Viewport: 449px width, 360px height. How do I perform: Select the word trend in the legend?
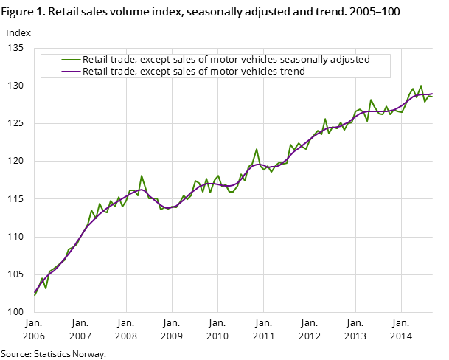[x=292, y=71]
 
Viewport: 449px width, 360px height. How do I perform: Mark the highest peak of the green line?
[x=421, y=86]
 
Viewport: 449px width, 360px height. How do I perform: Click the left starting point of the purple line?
[x=35, y=293]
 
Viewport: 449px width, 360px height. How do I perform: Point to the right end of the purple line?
[x=432, y=94]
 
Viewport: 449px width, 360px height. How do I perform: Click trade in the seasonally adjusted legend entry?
[x=122, y=60]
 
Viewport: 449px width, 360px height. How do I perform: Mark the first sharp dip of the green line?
[x=46, y=288]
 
